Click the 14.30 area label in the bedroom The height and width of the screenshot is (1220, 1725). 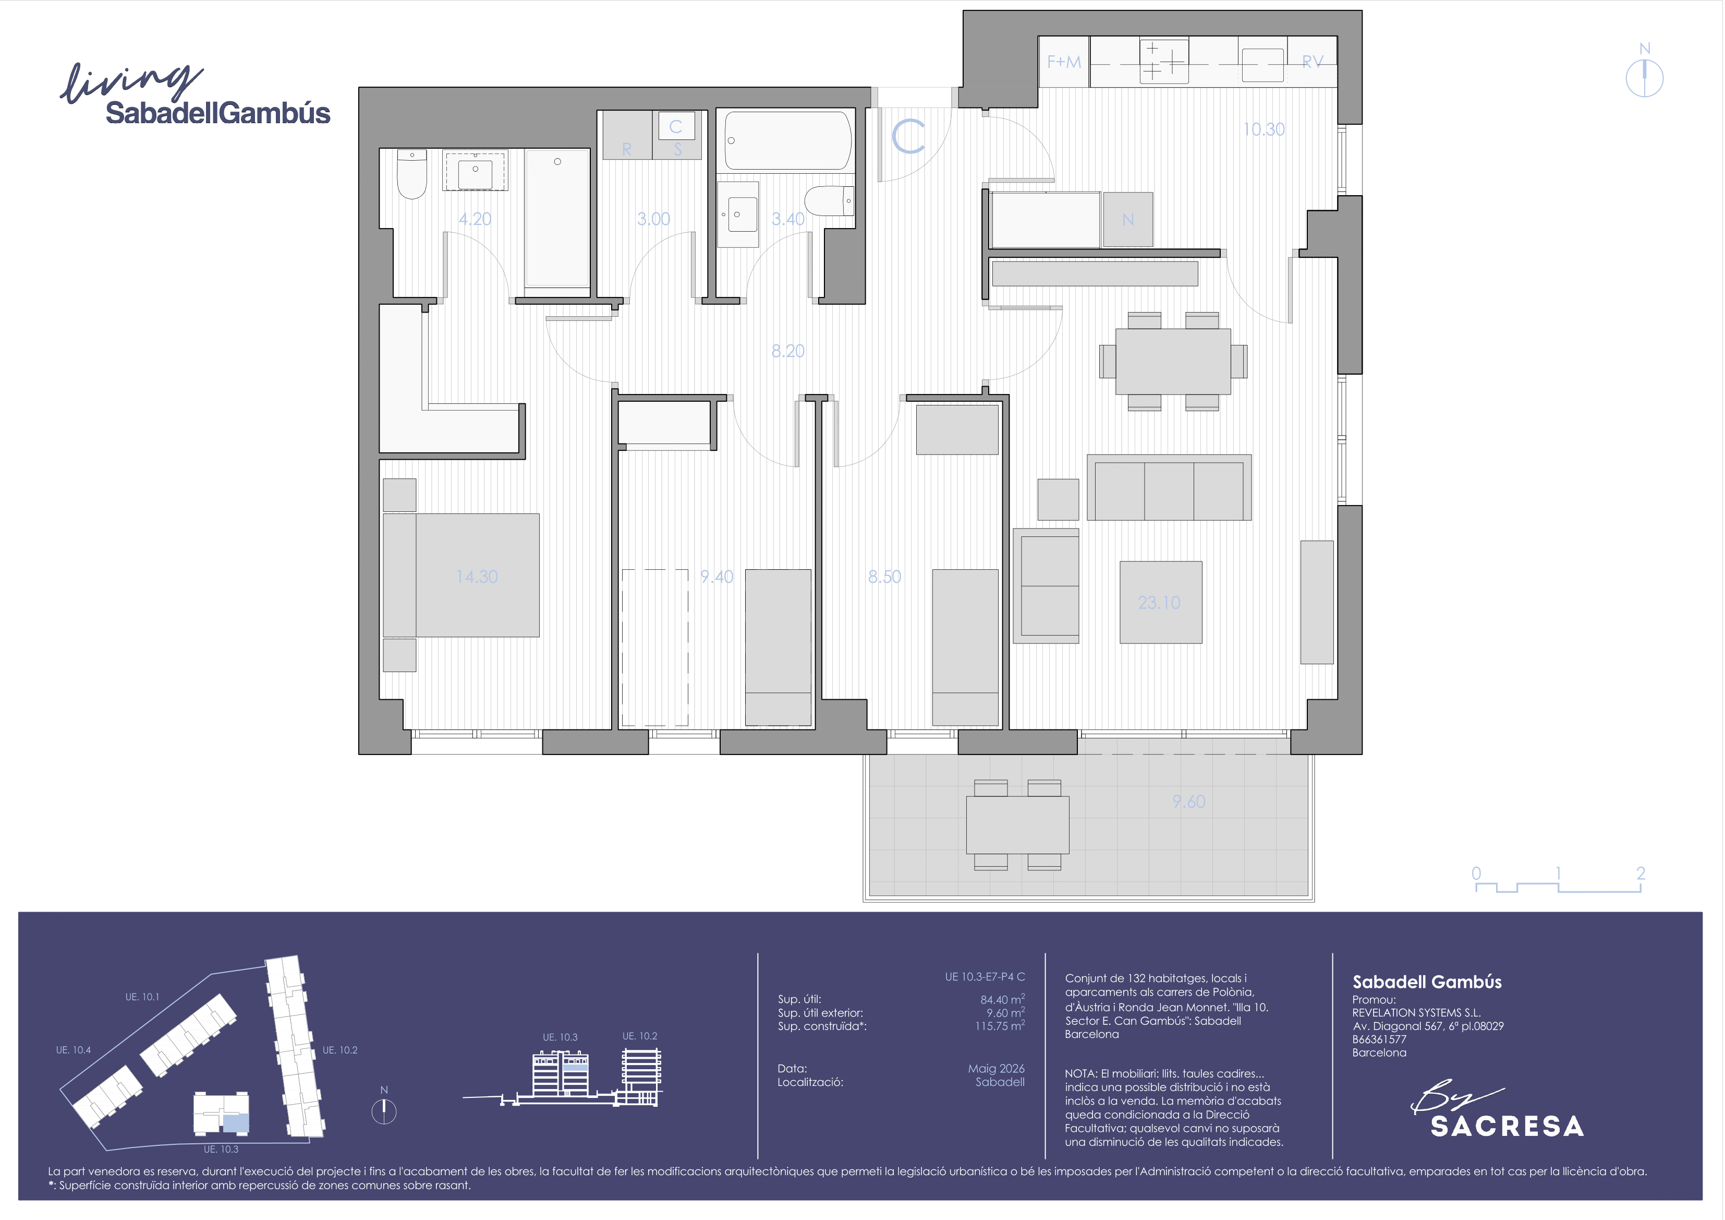pyautogui.click(x=477, y=577)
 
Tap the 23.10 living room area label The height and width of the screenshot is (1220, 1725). pyautogui.click(x=1159, y=602)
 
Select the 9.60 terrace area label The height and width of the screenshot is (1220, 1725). pyautogui.click(x=1188, y=802)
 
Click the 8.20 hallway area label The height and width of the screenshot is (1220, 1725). pyautogui.click(x=788, y=351)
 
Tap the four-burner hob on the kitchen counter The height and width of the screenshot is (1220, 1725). pyautogui.click(x=1164, y=61)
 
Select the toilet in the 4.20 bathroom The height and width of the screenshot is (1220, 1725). pyautogui.click(x=412, y=174)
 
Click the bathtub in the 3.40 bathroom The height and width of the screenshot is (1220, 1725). pyautogui.click(x=788, y=140)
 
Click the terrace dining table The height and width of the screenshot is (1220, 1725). pyautogui.click(x=1017, y=824)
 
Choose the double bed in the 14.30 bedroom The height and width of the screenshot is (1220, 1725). pyautogui.click(x=461, y=575)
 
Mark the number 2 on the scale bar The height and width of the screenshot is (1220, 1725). pyautogui.click(x=1641, y=872)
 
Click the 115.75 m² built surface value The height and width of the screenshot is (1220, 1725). pyautogui.click(x=1000, y=1026)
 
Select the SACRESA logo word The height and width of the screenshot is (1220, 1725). pyautogui.click(x=1507, y=1126)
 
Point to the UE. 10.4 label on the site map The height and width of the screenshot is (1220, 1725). pyautogui.click(x=73, y=1050)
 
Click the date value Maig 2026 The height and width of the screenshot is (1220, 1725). pyautogui.click(x=996, y=1068)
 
